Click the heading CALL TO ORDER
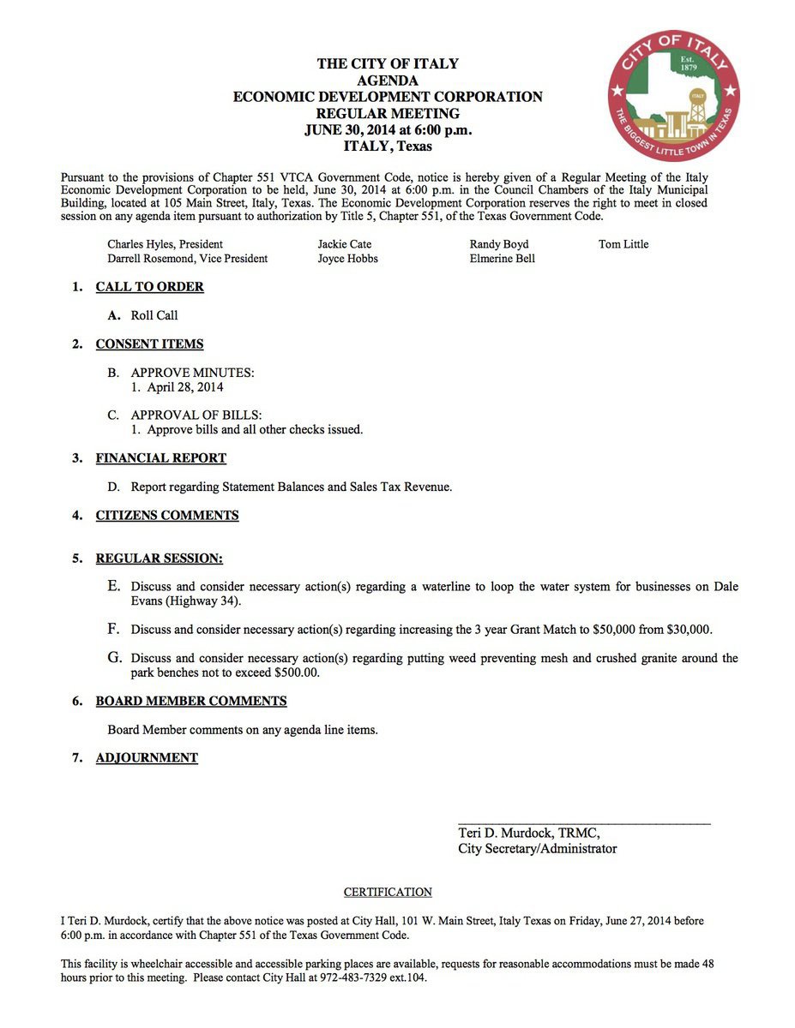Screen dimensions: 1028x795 [x=149, y=287]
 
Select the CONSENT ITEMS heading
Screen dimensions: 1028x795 [x=149, y=344]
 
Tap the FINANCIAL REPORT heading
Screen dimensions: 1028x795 [x=160, y=458]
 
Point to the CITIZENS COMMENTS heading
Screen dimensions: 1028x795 [x=167, y=516]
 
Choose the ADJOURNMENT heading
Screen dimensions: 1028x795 [x=147, y=758]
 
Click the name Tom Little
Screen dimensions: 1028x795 [x=623, y=244]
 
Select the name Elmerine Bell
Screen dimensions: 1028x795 [x=502, y=259]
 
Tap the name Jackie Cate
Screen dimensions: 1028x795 [x=345, y=244]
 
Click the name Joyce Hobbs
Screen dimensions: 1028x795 [x=347, y=259]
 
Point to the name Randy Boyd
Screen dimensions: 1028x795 [x=499, y=244]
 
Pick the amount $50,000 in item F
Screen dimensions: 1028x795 [x=614, y=630]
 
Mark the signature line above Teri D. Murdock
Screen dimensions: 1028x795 [x=584, y=823]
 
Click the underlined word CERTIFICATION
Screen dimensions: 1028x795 [x=388, y=893]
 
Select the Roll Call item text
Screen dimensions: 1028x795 [x=154, y=316]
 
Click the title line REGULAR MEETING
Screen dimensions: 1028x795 [x=388, y=113]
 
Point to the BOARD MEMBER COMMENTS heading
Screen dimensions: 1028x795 [x=190, y=702]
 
